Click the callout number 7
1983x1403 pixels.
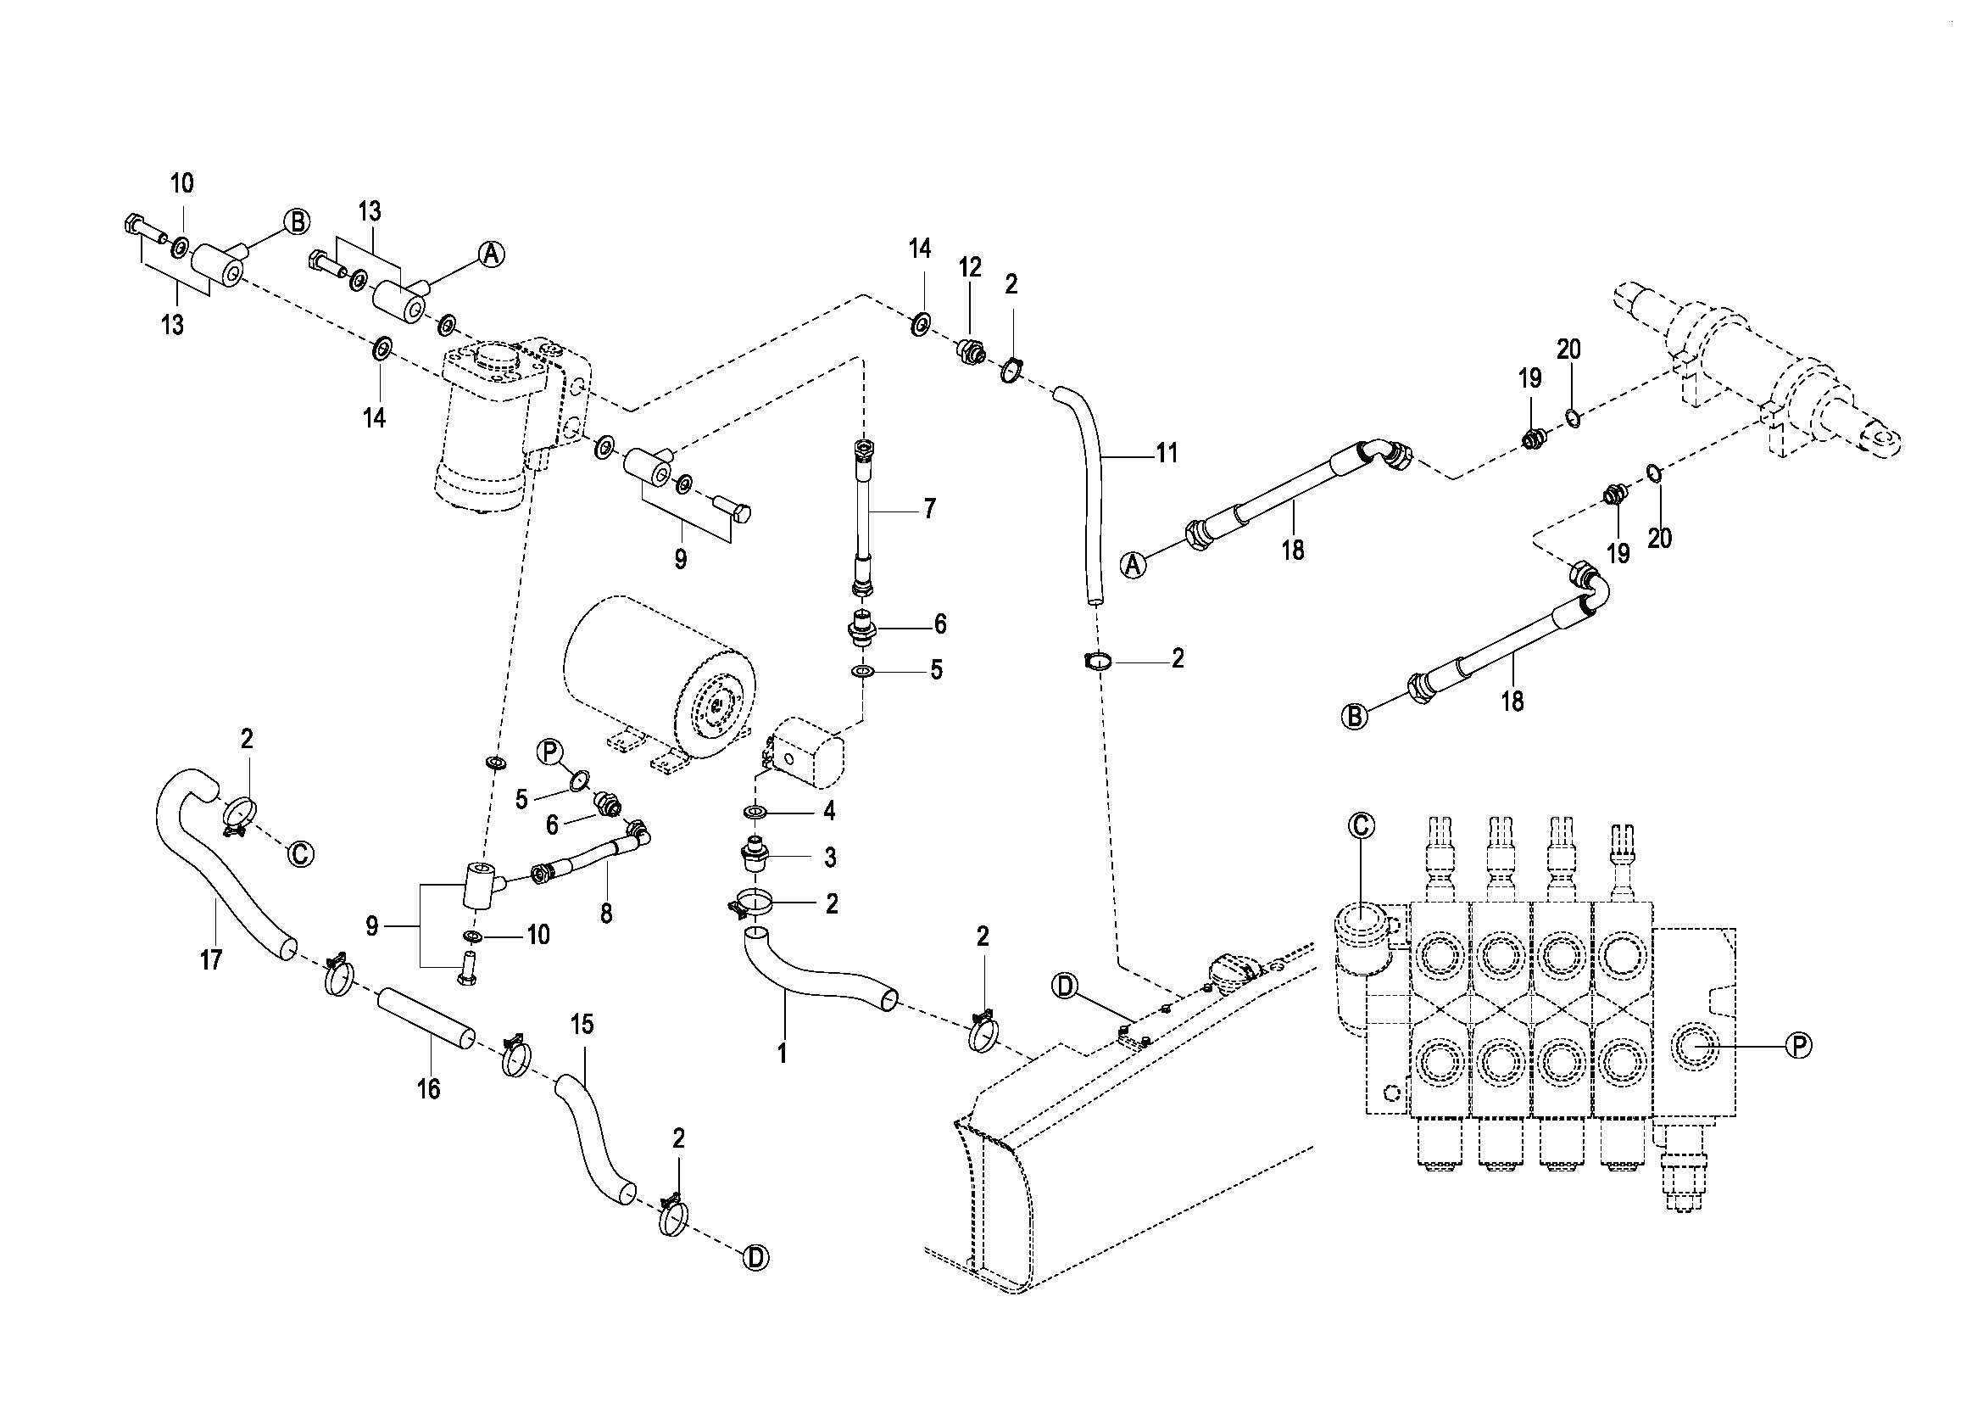[929, 509]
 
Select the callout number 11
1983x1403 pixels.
[1167, 453]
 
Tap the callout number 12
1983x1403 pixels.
[970, 268]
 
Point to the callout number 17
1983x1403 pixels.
[211, 959]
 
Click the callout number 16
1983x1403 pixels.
[428, 1088]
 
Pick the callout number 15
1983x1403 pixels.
[582, 1026]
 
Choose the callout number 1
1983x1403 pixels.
[783, 1054]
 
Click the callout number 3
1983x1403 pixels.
[830, 858]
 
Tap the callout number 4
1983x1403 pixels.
[829, 810]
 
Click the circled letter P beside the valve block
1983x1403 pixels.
[1798, 1046]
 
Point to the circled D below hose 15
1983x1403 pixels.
[755, 1258]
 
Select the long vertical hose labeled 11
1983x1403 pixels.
[1090, 493]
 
